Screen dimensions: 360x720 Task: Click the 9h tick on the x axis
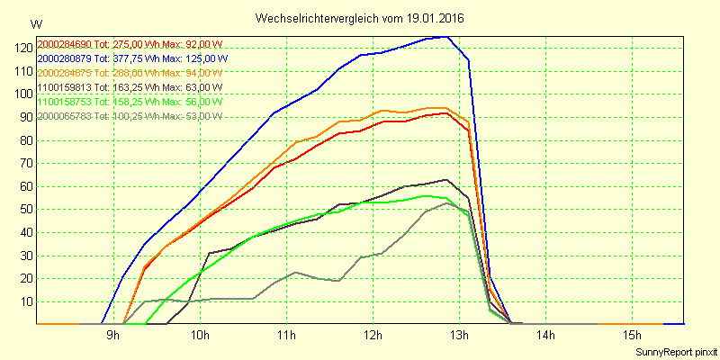(x=113, y=336)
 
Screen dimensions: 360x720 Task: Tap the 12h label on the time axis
(x=373, y=336)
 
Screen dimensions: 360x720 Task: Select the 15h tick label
(x=632, y=336)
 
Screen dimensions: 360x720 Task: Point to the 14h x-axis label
(x=545, y=336)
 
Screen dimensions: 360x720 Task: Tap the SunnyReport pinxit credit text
(x=674, y=351)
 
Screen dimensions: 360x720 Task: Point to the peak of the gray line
(x=447, y=202)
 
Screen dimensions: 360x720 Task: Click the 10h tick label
(x=200, y=336)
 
